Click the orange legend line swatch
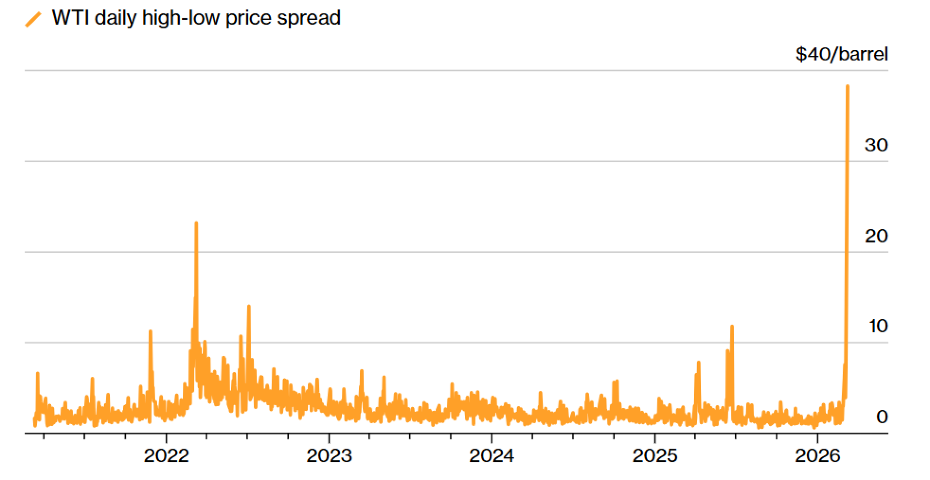(33, 20)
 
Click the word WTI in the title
(71, 18)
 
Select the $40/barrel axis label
(841, 54)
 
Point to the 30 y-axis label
(876, 145)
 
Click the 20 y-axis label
(876, 237)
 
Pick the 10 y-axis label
(878, 326)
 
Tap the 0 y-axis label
(882, 417)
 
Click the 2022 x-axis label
(166, 456)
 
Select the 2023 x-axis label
(329, 456)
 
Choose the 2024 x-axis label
(492, 456)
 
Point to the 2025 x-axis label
(655, 456)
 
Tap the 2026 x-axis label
(817, 456)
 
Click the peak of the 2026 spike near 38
(847, 86)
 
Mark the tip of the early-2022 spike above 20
(196, 223)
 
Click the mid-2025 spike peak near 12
(732, 327)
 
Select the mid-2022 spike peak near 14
(249, 306)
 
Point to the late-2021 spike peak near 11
(150, 331)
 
